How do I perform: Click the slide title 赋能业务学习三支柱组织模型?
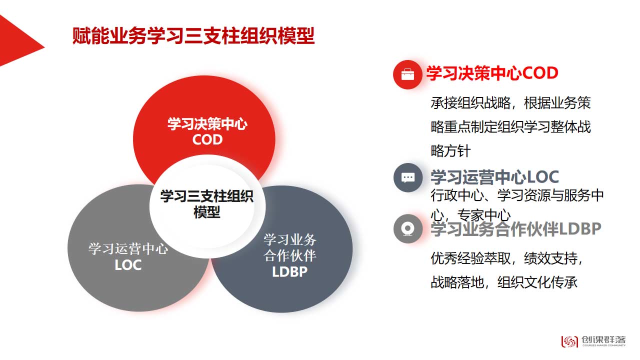pyautogui.click(x=193, y=36)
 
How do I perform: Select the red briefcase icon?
pyautogui.click(x=407, y=74)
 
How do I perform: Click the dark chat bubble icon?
pyautogui.click(x=407, y=177)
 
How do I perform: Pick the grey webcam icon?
pyautogui.click(x=407, y=228)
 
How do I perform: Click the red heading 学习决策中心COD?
pyautogui.click(x=492, y=73)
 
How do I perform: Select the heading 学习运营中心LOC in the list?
pyautogui.click(x=495, y=177)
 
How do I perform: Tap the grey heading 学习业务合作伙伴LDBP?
pyautogui.click(x=516, y=229)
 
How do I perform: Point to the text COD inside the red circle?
pyautogui.click(x=207, y=139)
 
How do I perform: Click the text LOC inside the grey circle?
pyautogui.click(x=128, y=265)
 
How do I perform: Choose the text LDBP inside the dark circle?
pyautogui.click(x=289, y=271)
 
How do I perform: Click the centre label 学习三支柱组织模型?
pyautogui.click(x=207, y=204)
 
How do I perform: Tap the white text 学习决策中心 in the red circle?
pyautogui.click(x=207, y=124)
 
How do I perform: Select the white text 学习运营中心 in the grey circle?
pyautogui.click(x=128, y=249)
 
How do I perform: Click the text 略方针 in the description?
pyautogui.click(x=450, y=151)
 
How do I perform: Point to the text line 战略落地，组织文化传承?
pyautogui.click(x=504, y=282)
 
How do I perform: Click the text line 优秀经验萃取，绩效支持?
pyautogui.click(x=506, y=258)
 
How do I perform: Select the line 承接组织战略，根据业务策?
pyautogui.click(x=510, y=103)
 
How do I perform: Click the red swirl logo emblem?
pyautogui.click(x=569, y=341)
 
